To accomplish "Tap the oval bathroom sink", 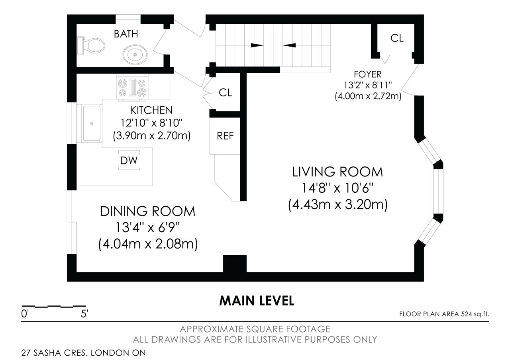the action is [135, 55].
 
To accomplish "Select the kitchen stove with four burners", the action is [132, 88].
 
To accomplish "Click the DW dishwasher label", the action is [129, 160].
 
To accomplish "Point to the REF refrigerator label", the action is [225, 136].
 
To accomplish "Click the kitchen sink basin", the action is [92, 123].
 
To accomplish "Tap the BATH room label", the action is [126, 34].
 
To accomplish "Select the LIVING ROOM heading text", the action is [337, 172].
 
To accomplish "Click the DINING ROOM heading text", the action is [148, 211].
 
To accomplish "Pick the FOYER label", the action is [367, 74].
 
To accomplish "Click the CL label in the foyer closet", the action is [397, 38].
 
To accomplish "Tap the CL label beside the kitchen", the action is [225, 93].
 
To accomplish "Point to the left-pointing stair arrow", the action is [289, 45].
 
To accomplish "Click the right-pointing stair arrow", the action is [257, 45].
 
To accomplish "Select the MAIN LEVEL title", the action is [257, 301].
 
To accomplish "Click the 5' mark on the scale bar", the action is [84, 314].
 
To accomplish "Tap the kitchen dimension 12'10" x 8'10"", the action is [151, 123].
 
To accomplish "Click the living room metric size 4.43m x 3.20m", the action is [337, 204].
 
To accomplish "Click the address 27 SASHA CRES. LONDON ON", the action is [83, 353].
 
